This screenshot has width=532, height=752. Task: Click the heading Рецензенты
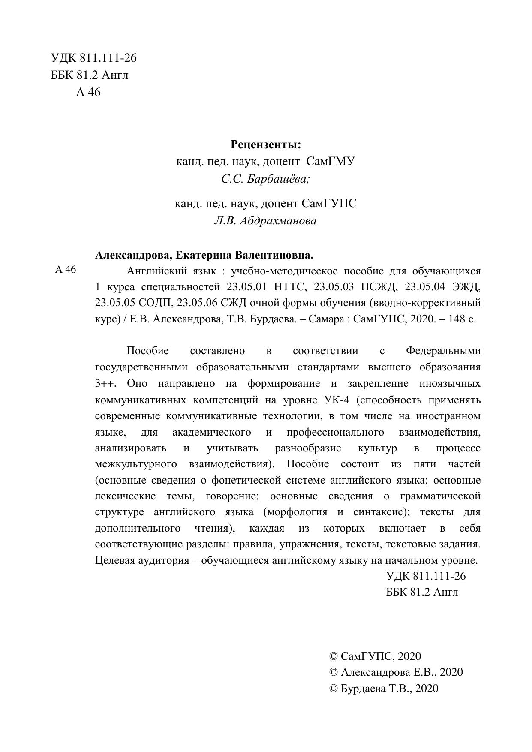(x=266, y=144)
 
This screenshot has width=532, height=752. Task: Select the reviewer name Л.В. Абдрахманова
(x=265, y=221)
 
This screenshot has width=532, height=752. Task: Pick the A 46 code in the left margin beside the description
(x=66, y=270)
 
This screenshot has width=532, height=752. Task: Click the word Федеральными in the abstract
(x=443, y=351)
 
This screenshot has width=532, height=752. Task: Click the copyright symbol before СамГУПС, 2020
(x=333, y=656)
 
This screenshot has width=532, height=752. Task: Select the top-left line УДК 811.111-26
(x=93, y=58)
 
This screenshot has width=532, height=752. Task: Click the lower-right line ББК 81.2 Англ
(x=422, y=592)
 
